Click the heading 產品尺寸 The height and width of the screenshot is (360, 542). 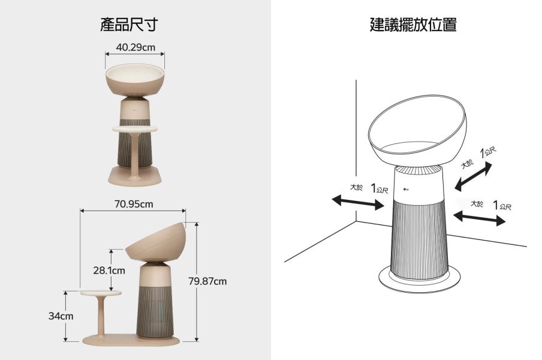(x=129, y=25)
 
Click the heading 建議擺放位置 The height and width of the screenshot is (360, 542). (x=413, y=25)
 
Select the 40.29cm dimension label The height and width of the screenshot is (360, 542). (x=135, y=47)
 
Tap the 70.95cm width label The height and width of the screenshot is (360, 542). (x=133, y=204)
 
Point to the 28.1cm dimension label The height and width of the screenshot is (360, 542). (x=109, y=271)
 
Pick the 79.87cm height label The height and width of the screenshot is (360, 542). (x=207, y=281)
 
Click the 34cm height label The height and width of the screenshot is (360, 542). (x=61, y=316)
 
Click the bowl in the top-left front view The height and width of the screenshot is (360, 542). (x=135, y=81)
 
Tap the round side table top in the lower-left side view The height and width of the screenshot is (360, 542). (x=100, y=293)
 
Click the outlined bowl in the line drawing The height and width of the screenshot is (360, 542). (x=418, y=126)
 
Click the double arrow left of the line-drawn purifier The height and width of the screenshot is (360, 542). (x=359, y=202)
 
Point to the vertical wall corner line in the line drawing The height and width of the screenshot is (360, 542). (x=356, y=150)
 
